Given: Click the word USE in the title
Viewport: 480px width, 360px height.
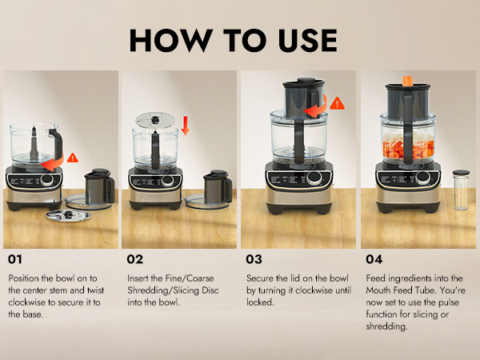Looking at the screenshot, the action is (x=308, y=40).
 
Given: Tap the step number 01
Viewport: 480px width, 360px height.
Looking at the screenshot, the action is (x=14, y=259).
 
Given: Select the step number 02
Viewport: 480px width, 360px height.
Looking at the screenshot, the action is (x=134, y=259).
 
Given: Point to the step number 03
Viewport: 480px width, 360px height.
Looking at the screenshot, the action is (x=254, y=259).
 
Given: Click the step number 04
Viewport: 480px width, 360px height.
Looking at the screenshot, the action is (x=374, y=259).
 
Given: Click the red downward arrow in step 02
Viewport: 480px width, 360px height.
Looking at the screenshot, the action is (x=186, y=126).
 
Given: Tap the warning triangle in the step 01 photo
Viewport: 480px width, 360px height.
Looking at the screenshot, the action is (x=73, y=158).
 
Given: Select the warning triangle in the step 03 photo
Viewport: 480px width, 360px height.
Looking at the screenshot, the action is (x=337, y=103).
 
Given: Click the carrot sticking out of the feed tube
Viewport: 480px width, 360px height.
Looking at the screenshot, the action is (x=407, y=81).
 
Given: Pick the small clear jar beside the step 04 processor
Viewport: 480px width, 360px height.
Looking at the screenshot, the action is (x=461, y=190).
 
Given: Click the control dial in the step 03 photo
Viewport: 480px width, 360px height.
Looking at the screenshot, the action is (x=314, y=177).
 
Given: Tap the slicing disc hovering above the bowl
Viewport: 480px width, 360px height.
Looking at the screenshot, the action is (x=155, y=120).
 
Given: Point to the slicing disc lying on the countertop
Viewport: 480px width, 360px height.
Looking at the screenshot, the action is (x=69, y=215).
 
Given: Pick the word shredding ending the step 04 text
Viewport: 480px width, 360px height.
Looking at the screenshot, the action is (x=386, y=326).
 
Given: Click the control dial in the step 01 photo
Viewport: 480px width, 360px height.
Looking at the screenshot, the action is (x=46, y=180).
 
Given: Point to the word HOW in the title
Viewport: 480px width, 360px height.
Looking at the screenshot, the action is (x=171, y=40).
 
